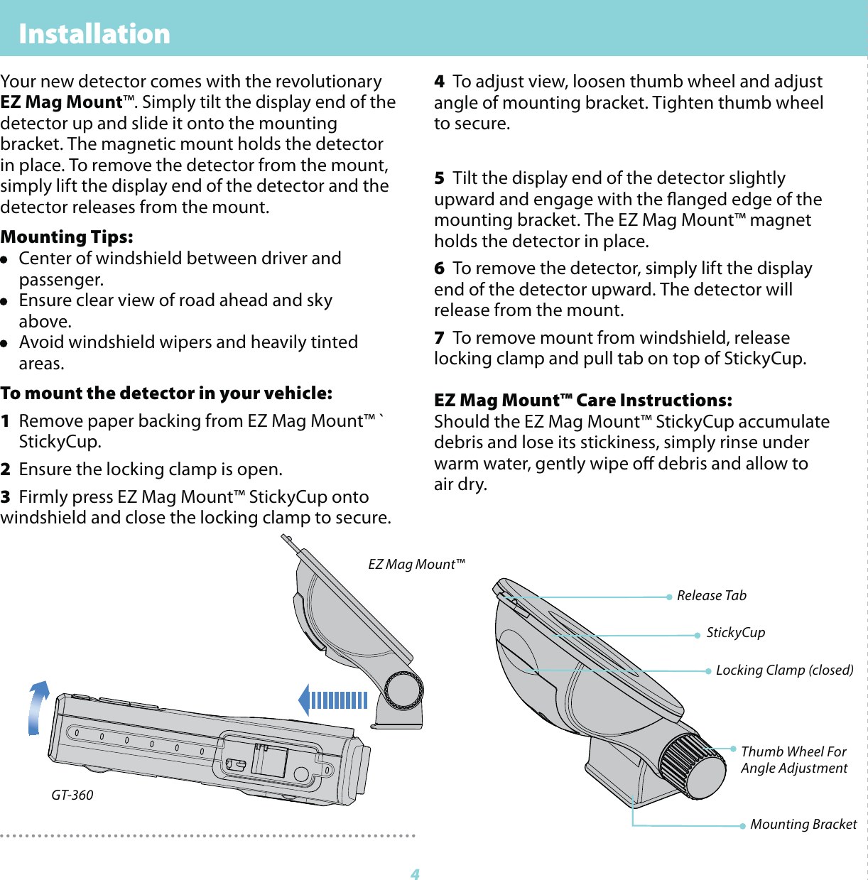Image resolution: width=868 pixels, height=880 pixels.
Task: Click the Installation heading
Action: pos(94,33)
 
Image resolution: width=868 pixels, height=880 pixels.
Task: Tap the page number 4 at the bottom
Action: pos(416,874)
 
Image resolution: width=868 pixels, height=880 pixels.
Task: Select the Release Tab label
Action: pos(711,596)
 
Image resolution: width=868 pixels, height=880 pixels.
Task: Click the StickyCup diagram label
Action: pos(735,633)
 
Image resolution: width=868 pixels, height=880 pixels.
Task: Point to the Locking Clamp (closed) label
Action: pos(784,670)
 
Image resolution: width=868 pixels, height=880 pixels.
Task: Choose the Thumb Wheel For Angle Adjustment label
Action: pos(793,760)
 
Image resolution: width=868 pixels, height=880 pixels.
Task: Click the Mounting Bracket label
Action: pos(803,825)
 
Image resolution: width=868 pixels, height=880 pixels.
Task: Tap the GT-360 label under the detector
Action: pos(72,795)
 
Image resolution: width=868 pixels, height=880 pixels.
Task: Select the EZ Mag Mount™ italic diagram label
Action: pos(416,565)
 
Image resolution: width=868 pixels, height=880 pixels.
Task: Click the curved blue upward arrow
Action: pos(37,707)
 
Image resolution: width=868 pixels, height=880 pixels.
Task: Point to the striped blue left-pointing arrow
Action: pos(332,700)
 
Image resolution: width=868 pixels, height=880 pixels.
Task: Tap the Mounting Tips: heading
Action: pos(67,237)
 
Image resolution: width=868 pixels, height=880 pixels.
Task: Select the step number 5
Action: pos(439,178)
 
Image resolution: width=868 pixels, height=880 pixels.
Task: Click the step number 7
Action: pos(439,338)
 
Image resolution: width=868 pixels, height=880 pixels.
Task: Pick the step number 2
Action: pos(6,469)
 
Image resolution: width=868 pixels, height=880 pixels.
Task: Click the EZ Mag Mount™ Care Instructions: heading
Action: pos(582,401)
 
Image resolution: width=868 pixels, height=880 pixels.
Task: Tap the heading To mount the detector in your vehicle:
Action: pos(166,393)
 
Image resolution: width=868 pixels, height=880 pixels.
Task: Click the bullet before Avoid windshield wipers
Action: pos(4,343)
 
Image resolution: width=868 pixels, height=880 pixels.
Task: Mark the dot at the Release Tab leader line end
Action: pos(669,597)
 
